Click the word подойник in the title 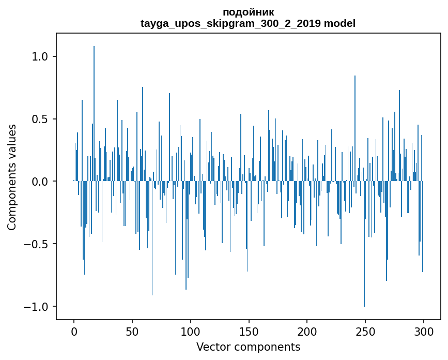click(248, 12)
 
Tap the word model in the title click(339, 23)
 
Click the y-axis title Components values click(12, 177)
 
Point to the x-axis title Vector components click(248, 347)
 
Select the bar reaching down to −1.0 click(364, 243)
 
